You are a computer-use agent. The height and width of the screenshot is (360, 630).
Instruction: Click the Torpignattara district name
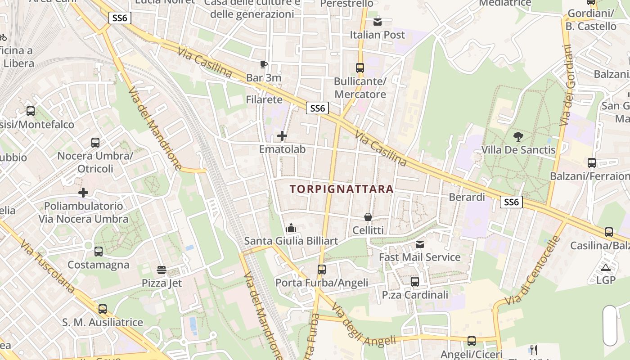click(342, 189)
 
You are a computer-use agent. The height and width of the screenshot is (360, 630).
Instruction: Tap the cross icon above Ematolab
click(282, 135)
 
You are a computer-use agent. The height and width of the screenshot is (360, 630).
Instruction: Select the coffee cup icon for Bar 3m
click(264, 64)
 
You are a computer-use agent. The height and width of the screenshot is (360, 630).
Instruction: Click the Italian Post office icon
click(378, 21)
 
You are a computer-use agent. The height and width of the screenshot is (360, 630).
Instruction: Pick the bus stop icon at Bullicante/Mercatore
click(360, 68)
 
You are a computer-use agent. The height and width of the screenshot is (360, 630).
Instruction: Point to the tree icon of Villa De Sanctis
click(518, 136)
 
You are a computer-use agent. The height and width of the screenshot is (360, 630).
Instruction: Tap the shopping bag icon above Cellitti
click(368, 217)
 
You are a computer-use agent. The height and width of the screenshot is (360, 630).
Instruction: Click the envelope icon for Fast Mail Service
click(420, 244)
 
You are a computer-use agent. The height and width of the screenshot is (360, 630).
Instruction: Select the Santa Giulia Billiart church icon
click(291, 228)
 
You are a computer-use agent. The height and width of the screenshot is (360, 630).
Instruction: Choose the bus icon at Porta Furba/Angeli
click(321, 270)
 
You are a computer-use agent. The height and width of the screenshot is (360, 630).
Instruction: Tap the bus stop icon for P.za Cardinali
click(415, 282)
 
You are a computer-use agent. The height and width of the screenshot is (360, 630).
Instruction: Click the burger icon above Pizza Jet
click(162, 270)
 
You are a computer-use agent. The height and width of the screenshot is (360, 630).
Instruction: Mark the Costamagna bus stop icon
click(99, 252)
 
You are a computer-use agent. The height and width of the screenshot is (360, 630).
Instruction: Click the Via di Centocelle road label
click(533, 270)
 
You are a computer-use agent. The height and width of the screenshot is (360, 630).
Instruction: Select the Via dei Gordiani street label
click(566, 85)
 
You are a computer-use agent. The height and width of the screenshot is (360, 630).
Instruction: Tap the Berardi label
click(467, 197)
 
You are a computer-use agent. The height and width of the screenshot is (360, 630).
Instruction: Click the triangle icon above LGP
click(606, 268)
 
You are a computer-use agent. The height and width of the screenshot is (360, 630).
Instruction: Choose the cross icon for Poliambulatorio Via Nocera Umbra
click(83, 193)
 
